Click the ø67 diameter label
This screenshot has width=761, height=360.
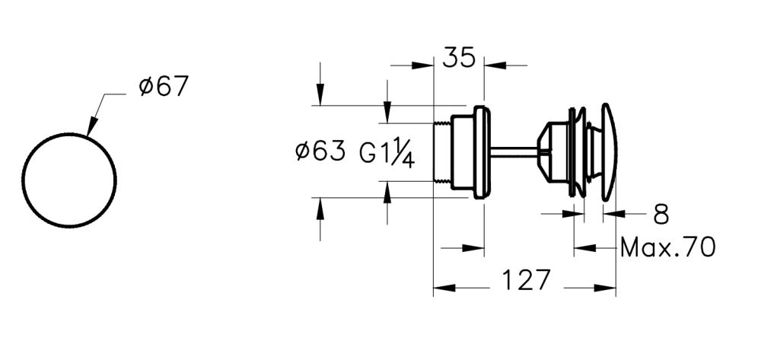(x=162, y=88)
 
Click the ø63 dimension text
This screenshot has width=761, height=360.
(x=320, y=152)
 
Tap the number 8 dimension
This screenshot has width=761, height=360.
(x=661, y=215)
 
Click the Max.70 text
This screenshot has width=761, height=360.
(x=667, y=247)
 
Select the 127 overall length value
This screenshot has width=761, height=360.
(x=525, y=280)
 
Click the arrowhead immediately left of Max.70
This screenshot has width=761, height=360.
(x=584, y=247)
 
